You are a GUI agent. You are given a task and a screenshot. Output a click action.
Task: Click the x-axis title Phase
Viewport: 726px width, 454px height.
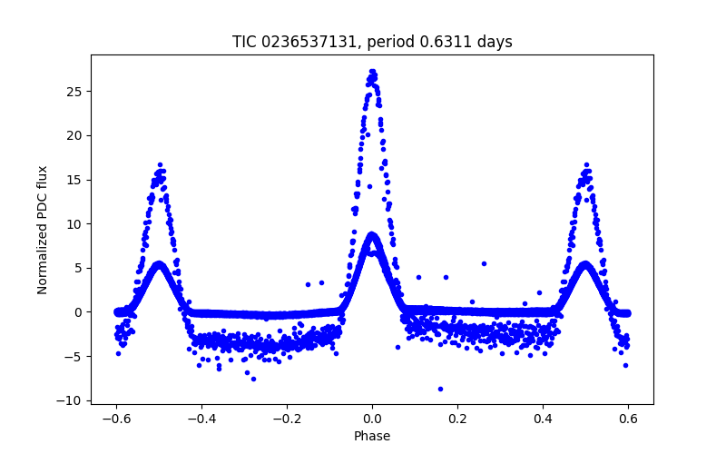[372, 436]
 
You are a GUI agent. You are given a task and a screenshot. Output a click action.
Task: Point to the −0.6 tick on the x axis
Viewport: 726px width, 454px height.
[116, 418]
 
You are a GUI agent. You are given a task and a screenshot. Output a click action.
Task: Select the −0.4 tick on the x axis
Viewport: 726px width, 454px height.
[201, 418]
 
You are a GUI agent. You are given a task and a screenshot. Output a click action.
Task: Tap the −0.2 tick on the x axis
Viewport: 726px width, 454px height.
[287, 418]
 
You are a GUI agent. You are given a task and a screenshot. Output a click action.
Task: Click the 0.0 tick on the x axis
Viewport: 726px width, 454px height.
[372, 418]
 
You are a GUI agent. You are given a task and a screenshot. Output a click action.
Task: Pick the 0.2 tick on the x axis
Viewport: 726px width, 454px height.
[457, 418]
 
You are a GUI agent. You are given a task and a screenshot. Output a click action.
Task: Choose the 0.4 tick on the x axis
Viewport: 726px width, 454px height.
[543, 418]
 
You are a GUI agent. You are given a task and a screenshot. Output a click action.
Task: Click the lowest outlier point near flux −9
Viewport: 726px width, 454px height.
[440, 389]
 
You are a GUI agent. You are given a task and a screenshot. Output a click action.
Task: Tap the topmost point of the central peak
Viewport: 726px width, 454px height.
[372, 71]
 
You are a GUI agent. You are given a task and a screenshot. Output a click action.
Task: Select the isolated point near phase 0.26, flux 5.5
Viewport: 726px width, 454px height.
[484, 263]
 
